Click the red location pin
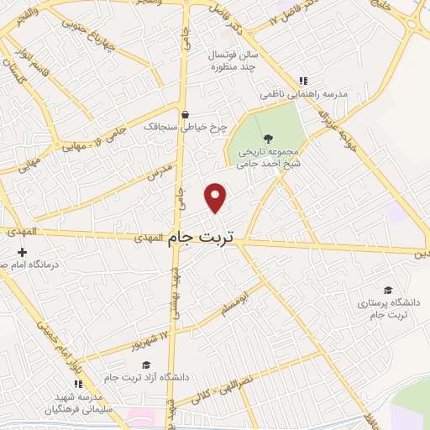click(216, 197)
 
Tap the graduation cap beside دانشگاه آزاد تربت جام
click(147, 364)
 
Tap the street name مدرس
click(160, 175)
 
